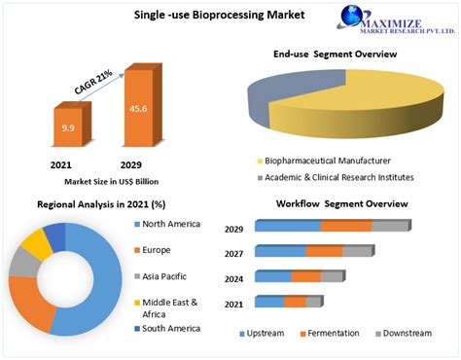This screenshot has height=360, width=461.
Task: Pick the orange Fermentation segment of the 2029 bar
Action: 345,226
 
